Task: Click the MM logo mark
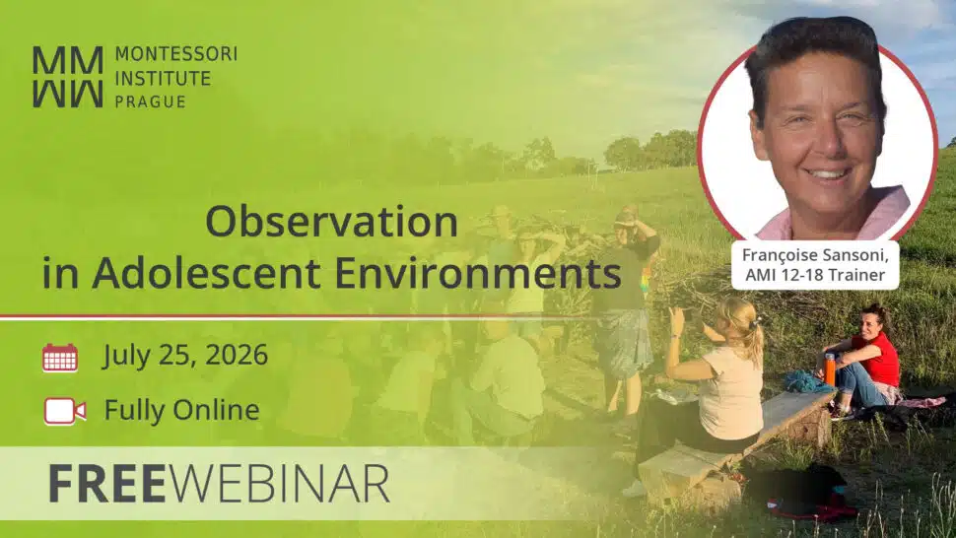[x=68, y=78]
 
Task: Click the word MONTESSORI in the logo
[x=176, y=54]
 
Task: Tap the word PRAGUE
[x=150, y=101]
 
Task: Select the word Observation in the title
[x=332, y=221]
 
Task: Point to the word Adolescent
[x=207, y=273]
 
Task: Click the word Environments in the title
[x=478, y=273]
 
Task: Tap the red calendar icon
[x=60, y=358]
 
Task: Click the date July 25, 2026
[x=185, y=355]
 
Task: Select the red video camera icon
[x=65, y=411]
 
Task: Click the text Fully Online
[x=181, y=410]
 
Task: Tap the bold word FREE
[x=107, y=484]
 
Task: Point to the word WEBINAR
[x=279, y=484]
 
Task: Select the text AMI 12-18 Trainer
[x=815, y=275]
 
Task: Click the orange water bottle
[x=829, y=370]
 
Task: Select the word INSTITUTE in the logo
[x=163, y=78]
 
